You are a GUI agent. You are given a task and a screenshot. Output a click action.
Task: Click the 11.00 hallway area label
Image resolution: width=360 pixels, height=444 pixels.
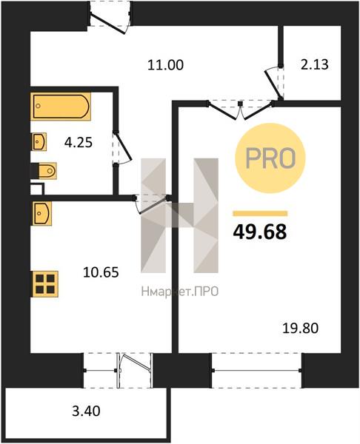click(165, 65)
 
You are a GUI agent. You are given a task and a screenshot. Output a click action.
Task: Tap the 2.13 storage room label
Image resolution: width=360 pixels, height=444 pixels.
click(314, 64)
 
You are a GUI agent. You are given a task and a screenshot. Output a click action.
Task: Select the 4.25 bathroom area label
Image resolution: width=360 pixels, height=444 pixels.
click(79, 142)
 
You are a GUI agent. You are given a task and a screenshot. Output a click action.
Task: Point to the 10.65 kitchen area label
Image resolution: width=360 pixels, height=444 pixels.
click(101, 272)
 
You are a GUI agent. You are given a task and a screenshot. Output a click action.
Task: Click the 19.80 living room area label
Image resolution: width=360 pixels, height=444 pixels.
click(301, 328)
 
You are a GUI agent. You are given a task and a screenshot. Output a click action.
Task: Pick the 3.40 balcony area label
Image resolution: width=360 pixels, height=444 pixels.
click(86, 411)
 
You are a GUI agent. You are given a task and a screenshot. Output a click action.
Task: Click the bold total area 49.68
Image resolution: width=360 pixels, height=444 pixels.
click(260, 232)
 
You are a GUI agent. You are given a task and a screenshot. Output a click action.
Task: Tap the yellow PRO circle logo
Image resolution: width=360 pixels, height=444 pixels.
click(270, 158)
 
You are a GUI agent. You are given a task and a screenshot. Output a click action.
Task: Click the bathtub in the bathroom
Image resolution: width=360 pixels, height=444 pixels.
click(61, 107)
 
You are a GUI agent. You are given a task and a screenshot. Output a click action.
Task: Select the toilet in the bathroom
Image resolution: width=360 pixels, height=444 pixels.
click(44, 171)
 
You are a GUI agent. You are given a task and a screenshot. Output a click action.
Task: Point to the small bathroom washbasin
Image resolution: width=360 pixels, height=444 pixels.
click(39, 142)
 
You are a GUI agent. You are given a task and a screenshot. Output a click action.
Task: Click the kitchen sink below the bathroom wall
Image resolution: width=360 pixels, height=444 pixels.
click(42, 213)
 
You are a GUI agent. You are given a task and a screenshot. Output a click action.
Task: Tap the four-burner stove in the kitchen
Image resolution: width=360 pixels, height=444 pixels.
click(45, 284)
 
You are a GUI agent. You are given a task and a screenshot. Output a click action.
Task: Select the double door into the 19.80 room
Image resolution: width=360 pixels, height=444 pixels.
click(241, 110)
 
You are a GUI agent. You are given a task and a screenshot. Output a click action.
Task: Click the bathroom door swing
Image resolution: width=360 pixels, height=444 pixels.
click(122, 148)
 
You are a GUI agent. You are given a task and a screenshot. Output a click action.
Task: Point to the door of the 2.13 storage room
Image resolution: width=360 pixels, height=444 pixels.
click(274, 83)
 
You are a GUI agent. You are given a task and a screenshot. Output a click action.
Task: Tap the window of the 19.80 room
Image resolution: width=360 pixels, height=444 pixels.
click(257, 371)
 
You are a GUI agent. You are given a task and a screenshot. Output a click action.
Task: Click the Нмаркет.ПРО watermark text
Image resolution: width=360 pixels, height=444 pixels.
click(180, 292)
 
